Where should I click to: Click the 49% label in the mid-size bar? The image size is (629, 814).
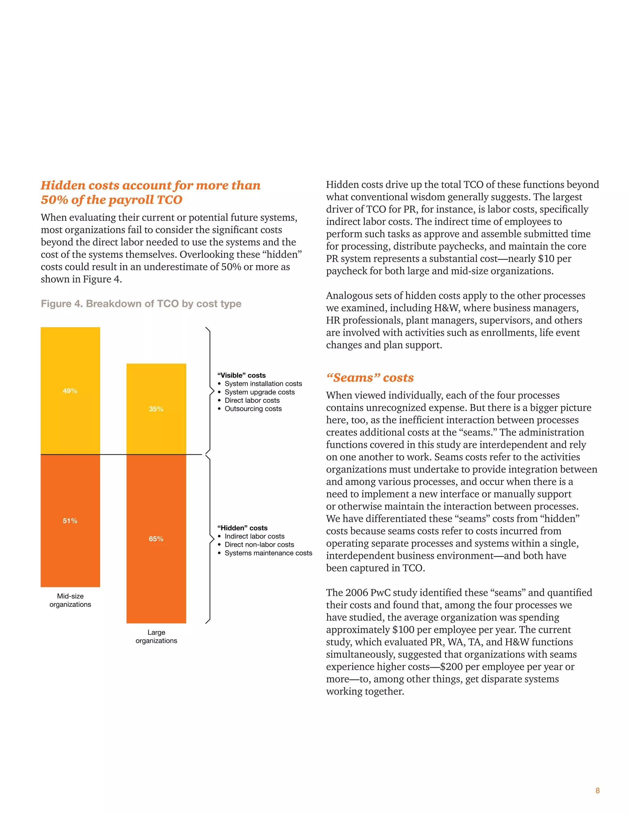tap(70, 391)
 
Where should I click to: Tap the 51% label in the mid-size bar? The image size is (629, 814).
tap(70, 521)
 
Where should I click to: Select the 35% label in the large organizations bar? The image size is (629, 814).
tap(156, 409)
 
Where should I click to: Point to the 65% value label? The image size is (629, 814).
tap(156, 539)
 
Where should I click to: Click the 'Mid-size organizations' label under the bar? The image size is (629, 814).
tap(70, 600)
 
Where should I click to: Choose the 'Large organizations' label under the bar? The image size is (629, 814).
tap(156, 636)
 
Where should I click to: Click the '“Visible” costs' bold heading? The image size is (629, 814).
tap(241, 375)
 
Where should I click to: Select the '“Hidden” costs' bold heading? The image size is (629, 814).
tap(242, 528)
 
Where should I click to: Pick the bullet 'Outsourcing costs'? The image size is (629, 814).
tap(253, 409)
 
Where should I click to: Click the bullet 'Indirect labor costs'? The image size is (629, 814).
tap(255, 536)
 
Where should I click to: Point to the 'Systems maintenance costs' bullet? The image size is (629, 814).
tap(268, 553)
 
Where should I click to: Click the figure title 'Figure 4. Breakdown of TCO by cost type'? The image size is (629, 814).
tap(141, 304)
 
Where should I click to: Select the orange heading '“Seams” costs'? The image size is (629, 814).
tap(370, 378)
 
